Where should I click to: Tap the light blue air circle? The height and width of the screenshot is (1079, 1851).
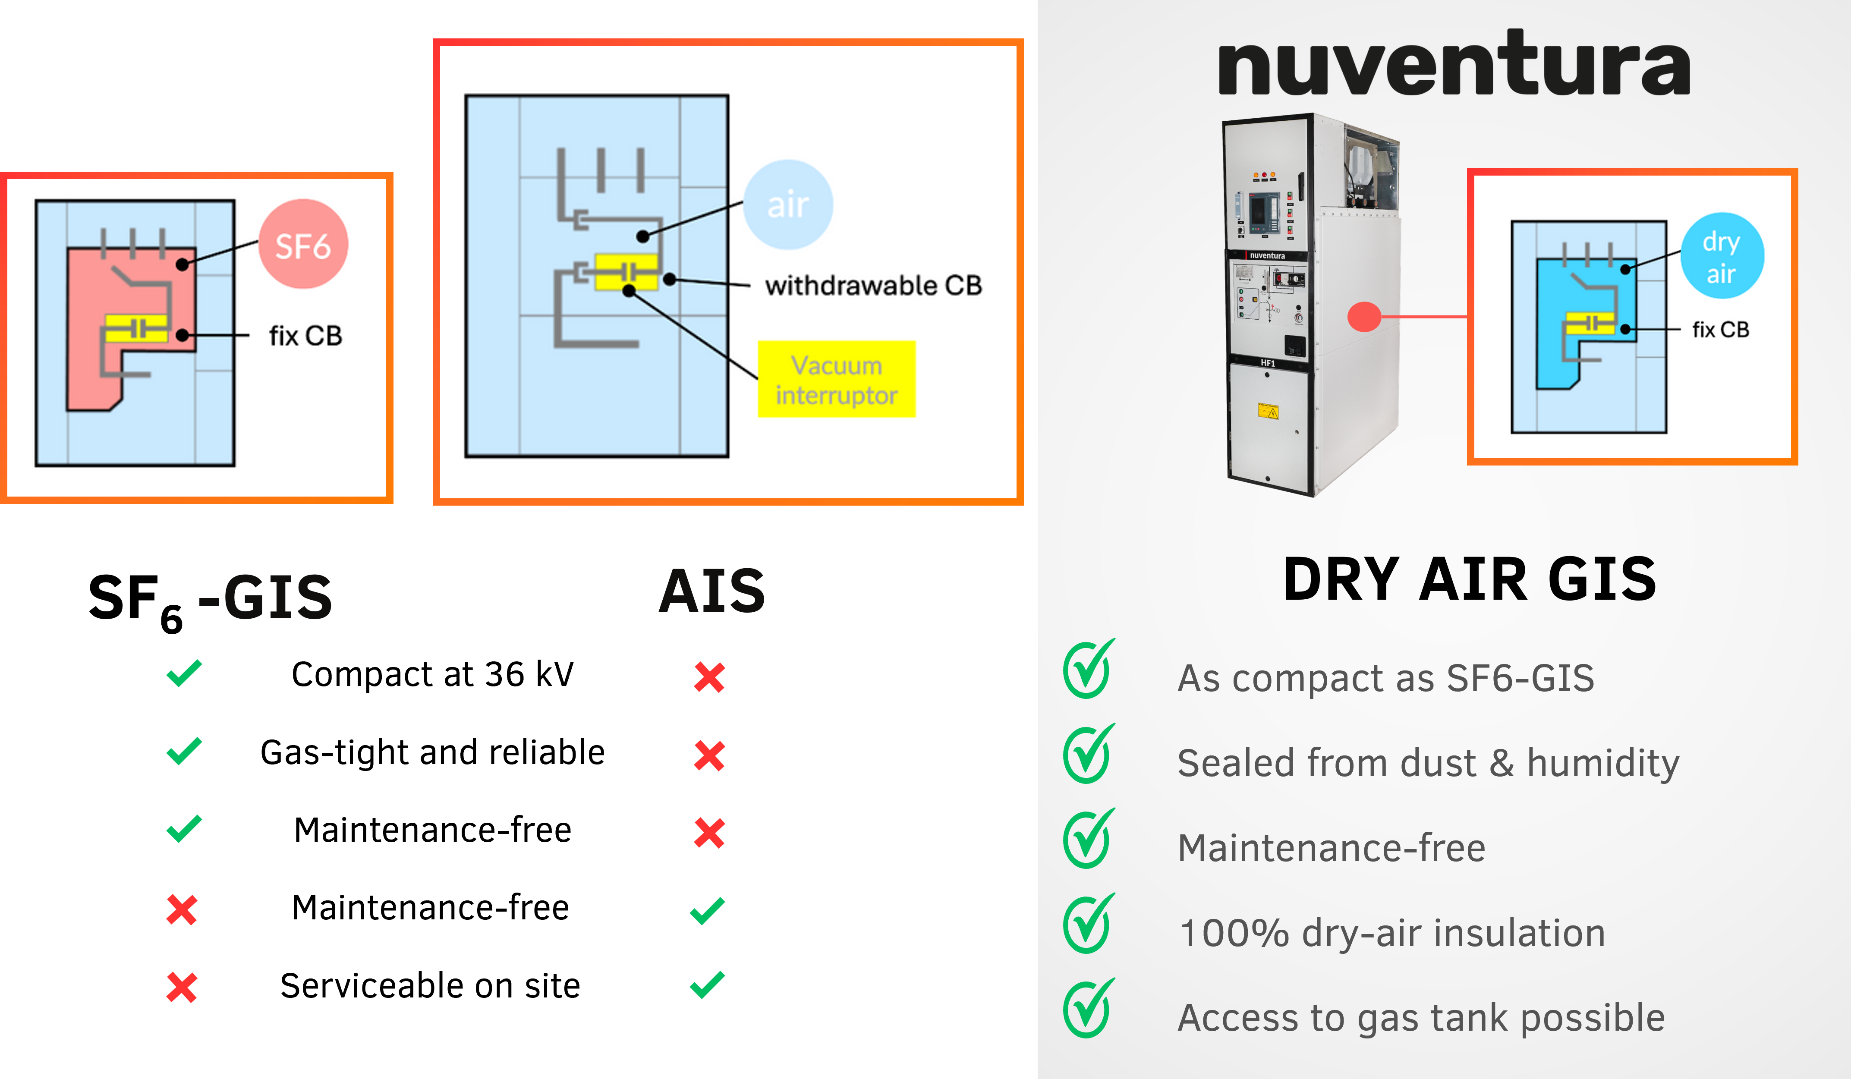pyautogui.click(x=788, y=204)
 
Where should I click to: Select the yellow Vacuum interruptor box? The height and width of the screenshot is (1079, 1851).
pyautogui.click(x=837, y=379)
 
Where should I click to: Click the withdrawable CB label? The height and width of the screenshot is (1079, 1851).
pyautogui.click(x=872, y=285)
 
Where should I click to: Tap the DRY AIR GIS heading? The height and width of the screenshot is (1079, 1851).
pyautogui.click(x=1470, y=579)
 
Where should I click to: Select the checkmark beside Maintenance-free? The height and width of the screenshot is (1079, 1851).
pyautogui.click(x=1089, y=840)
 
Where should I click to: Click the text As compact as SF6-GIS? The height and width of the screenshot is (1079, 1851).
pyautogui.click(x=1385, y=678)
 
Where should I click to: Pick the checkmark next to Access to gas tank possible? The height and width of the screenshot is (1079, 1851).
pyautogui.click(x=1089, y=1009)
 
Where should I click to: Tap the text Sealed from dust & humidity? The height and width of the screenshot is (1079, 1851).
pyautogui.click(x=1428, y=763)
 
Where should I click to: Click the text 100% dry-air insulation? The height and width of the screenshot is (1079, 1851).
pyautogui.click(x=1392, y=933)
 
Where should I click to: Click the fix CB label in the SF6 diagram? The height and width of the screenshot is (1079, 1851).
pyautogui.click(x=305, y=336)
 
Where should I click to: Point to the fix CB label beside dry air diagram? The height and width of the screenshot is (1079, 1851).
pyautogui.click(x=1720, y=330)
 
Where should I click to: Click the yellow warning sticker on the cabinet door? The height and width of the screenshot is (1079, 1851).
pyautogui.click(x=1269, y=411)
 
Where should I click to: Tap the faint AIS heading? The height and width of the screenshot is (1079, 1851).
pyautogui.click(x=711, y=591)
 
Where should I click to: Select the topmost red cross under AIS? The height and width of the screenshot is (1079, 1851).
pyautogui.click(x=709, y=677)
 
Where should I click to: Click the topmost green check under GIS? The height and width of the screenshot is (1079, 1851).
pyautogui.click(x=184, y=673)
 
